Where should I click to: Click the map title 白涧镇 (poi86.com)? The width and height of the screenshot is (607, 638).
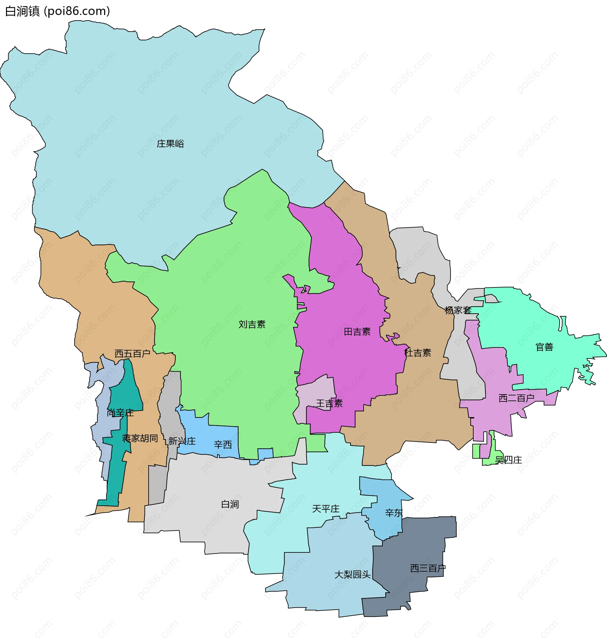tap(58, 11)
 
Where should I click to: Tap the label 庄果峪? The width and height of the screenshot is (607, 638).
tap(170, 143)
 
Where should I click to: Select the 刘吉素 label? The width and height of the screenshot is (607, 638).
tap(252, 324)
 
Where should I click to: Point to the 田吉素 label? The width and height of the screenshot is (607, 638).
tap(357, 332)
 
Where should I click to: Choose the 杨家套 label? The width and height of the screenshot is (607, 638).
tap(457, 310)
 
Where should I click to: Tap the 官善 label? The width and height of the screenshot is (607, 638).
tap(544, 347)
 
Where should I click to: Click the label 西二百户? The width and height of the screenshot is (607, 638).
tap(516, 398)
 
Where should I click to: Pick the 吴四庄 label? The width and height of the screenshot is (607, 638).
tap(508, 460)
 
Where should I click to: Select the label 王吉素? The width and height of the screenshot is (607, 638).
tap(329, 403)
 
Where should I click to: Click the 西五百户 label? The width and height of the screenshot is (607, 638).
tap(132, 353)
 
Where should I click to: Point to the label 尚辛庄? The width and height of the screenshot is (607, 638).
tap(120, 413)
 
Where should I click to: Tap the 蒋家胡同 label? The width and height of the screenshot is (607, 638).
tap(140, 438)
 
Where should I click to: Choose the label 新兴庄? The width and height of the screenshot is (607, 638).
tap(182, 441)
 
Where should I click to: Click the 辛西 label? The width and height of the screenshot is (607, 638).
tap(223, 445)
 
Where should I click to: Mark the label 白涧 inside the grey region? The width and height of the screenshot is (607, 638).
tap(230, 504)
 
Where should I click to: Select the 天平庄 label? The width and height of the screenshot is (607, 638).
tap(326, 509)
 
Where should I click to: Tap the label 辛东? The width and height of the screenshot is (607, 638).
tap(394, 513)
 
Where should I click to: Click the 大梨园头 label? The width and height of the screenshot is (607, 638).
tap(353, 575)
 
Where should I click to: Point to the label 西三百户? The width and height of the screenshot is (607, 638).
tap(427, 569)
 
